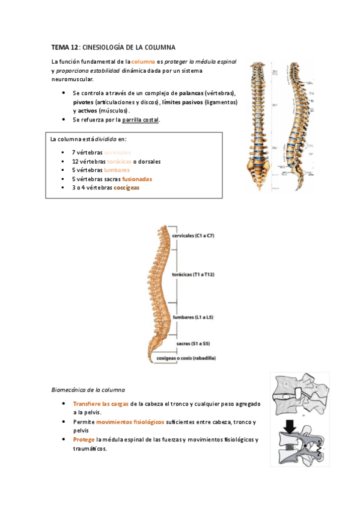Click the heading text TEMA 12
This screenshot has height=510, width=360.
[65, 46]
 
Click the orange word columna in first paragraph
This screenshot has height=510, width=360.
[143, 62]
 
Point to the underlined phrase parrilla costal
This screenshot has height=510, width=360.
[141, 120]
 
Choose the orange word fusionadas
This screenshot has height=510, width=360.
[137, 179]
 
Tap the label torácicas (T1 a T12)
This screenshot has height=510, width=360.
[194, 274]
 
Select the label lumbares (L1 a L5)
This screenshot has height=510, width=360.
[192, 316]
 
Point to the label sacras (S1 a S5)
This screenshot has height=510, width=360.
[193, 343]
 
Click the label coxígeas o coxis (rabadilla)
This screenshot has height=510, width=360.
[186, 358]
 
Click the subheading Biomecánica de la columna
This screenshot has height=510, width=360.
[88, 390]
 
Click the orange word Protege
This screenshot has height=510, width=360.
[84, 440]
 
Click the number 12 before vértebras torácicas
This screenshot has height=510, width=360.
[75, 162]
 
